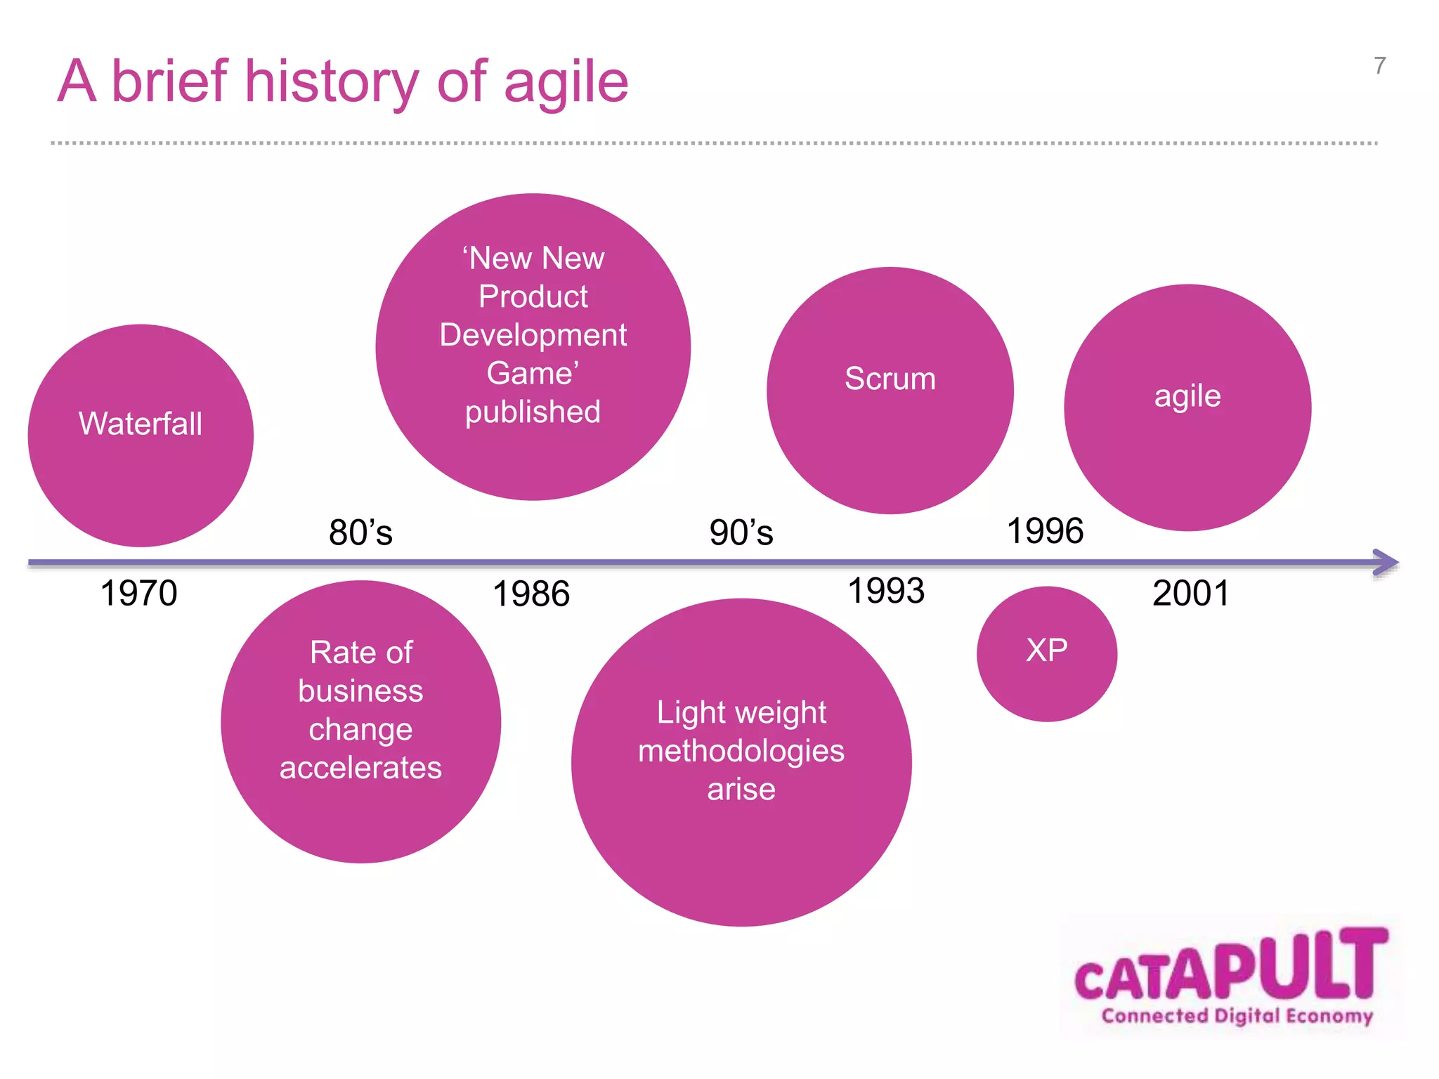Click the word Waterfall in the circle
click(141, 424)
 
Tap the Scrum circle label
click(890, 379)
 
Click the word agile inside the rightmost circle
click(1187, 396)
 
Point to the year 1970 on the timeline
click(138, 594)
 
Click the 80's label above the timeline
click(360, 532)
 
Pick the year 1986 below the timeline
click(531, 594)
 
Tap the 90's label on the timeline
click(741, 532)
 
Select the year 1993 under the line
click(886, 591)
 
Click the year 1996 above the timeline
click(1045, 531)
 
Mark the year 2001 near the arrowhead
click(1191, 594)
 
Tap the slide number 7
click(1380, 66)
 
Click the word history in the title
click(331, 82)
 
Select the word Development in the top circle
click(533, 335)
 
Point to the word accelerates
click(360, 768)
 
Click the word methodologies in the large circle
click(741, 751)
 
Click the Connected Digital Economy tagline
click(1237, 1016)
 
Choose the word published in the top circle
click(533, 412)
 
